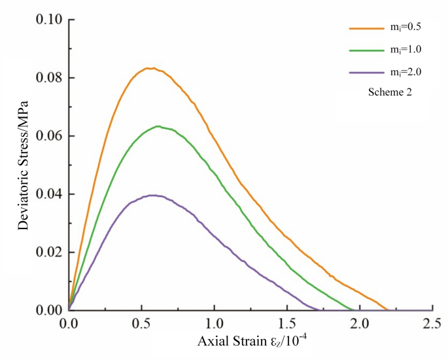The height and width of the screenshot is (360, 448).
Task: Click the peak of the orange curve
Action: [x=150, y=68]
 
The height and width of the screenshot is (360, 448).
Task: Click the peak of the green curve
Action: [x=158, y=126]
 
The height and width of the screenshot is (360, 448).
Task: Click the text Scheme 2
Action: [x=390, y=93]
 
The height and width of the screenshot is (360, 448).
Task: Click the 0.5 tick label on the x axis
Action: [x=141, y=323]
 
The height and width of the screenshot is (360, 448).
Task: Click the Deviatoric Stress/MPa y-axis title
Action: [x=24, y=164]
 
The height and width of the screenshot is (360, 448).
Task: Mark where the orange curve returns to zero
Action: [x=387, y=310]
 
